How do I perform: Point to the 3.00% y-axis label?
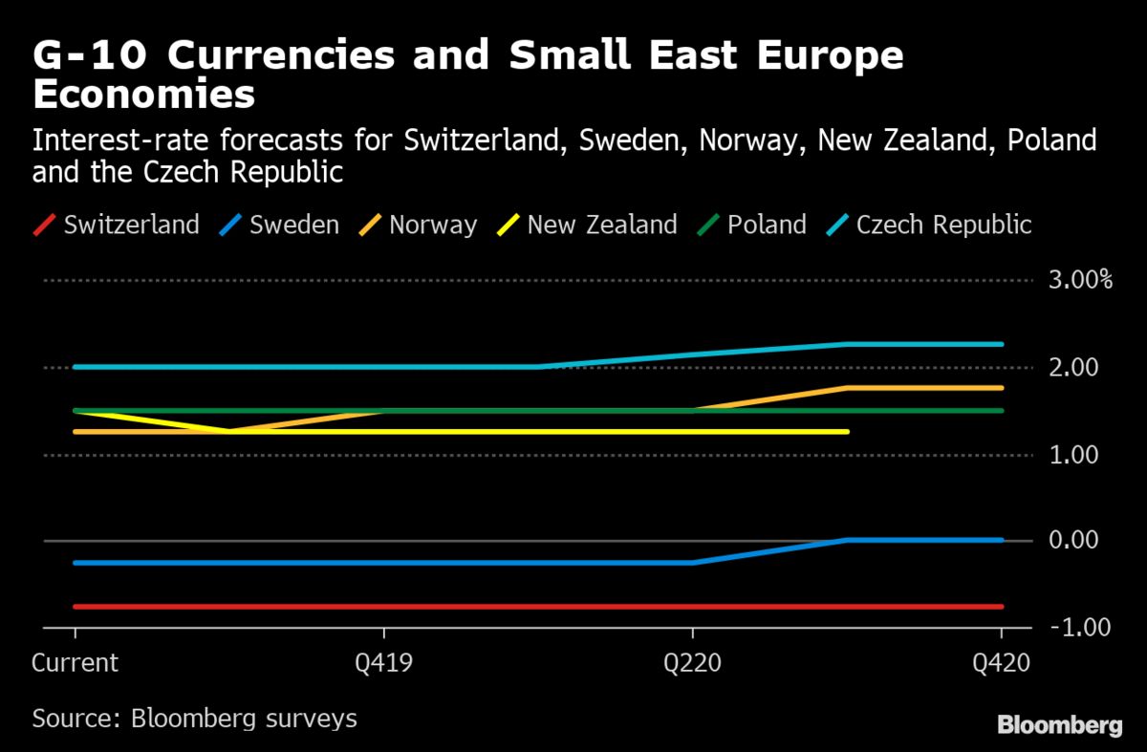pyautogui.click(x=1081, y=281)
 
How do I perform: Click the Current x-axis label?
pyautogui.click(x=76, y=663)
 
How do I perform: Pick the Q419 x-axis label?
pyautogui.click(x=383, y=663)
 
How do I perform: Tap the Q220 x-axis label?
pyautogui.click(x=692, y=663)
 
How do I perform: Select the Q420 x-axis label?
pyautogui.click(x=1001, y=663)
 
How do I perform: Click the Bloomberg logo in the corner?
pyautogui.click(x=1060, y=725)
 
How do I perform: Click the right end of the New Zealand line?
pyautogui.click(x=847, y=432)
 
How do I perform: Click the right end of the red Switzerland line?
pyautogui.click(x=1001, y=607)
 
